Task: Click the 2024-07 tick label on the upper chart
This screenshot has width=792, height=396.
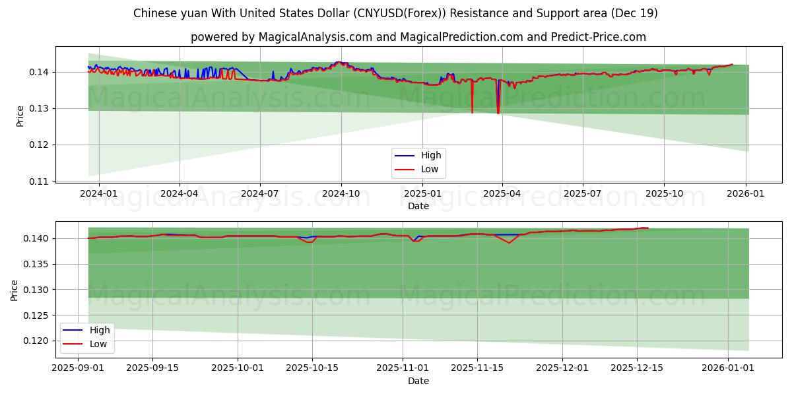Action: pos(259,194)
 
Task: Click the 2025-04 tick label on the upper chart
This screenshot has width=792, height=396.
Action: pos(502,194)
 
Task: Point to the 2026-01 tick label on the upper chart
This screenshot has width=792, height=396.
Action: pos(746,194)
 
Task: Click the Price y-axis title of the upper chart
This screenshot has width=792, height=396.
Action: pos(20,116)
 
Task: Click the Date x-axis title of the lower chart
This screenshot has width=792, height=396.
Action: pos(418,381)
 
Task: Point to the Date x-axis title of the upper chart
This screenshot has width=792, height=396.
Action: pos(418,206)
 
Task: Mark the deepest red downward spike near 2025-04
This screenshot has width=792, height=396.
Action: pos(498,113)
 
